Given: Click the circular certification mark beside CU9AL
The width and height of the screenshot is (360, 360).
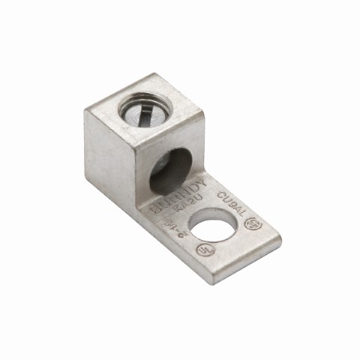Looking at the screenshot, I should pyautogui.click(x=257, y=222).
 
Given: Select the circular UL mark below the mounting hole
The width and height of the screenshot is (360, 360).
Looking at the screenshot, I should pyautogui.click(x=202, y=250).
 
